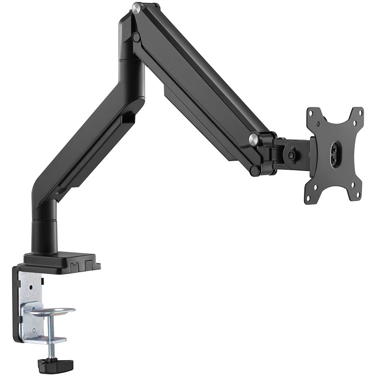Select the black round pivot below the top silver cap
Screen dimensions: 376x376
tap(136, 37)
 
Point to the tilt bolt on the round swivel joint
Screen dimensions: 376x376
tap(291, 155)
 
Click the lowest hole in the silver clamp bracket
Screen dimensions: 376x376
tap(34, 331)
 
